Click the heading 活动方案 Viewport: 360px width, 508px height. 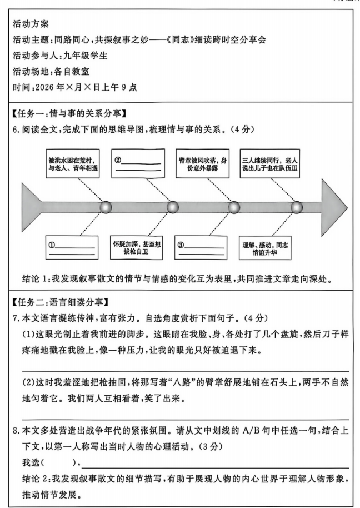31,24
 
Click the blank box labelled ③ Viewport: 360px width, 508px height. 202,248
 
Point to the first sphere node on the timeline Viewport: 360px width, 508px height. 106,207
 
